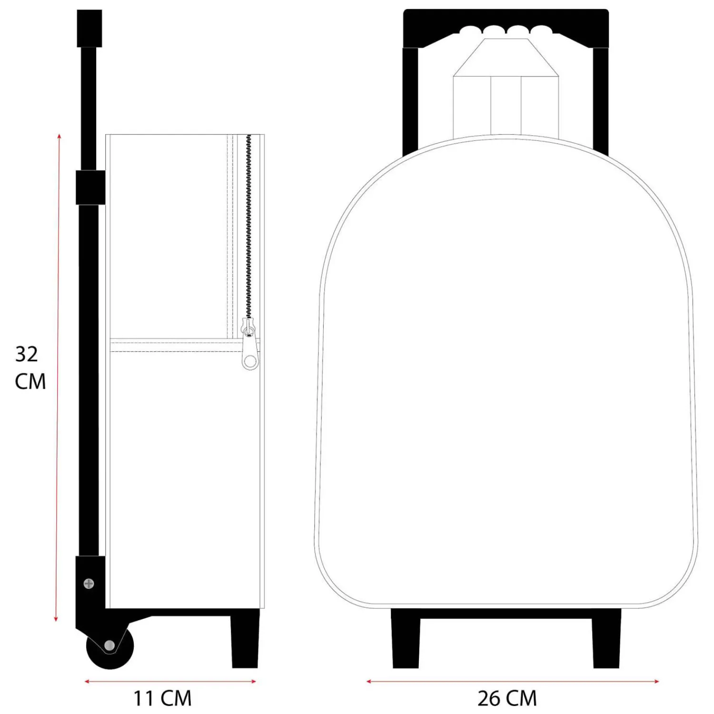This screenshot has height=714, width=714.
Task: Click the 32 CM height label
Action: click(x=30, y=367)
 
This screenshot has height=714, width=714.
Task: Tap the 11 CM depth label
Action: click(x=162, y=698)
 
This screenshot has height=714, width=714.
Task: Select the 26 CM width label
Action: click(x=507, y=698)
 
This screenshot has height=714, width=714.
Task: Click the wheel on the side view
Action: click(x=110, y=646)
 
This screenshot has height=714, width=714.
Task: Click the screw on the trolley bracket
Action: click(x=89, y=584)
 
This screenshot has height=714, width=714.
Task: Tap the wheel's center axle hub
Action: click(x=109, y=645)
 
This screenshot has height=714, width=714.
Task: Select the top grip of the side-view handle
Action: click(x=89, y=28)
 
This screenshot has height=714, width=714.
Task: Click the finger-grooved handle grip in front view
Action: click(x=506, y=28)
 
